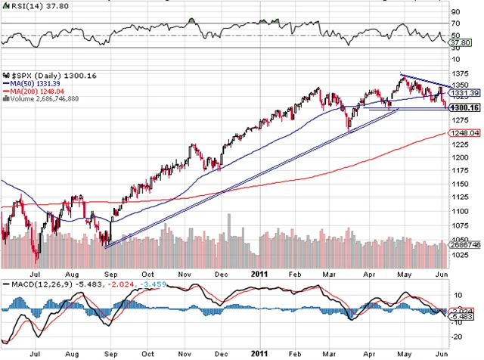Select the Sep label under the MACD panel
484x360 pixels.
pyautogui.click(x=110, y=352)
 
